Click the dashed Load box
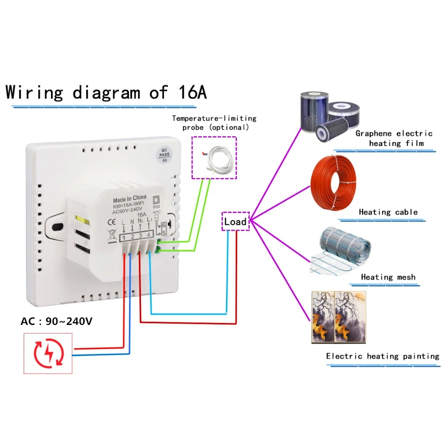click(x=235, y=222)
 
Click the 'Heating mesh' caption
click(x=388, y=277)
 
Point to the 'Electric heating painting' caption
click(x=382, y=356)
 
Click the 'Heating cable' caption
click(x=388, y=212)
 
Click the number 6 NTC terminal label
click(x=164, y=225)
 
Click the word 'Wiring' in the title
click(x=34, y=92)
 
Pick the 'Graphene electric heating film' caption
click(x=394, y=138)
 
